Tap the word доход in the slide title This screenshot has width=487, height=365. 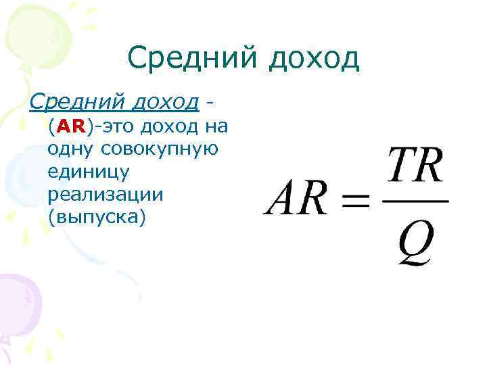coord(313,59)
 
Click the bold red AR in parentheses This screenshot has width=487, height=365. coord(69,126)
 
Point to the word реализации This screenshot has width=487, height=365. coord(106,195)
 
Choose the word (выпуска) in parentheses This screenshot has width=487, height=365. coord(97,218)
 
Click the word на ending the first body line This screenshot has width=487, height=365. coord(215,126)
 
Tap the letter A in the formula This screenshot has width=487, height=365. coord(285,199)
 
